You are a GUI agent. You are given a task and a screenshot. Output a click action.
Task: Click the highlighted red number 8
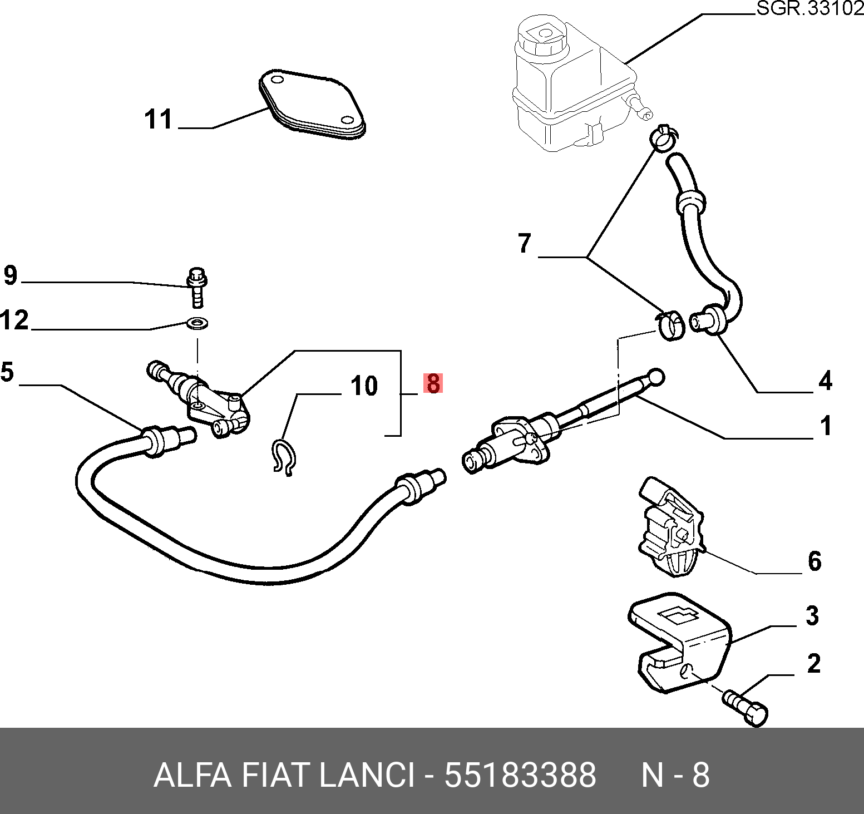pyautogui.click(x=433, y=383)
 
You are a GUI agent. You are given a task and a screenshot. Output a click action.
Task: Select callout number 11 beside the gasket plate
pyautogui.click(x=159, y=120)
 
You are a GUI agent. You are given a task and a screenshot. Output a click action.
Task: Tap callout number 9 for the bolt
pyautogui.click(x=11, y=275)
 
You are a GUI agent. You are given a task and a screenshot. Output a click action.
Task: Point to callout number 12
pyautogui.click(x=14, y=320)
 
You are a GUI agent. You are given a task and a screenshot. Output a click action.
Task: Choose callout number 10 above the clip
pyautogui.click(x=364, y=386)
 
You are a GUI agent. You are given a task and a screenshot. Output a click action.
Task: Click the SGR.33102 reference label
pyautogui.click(x=810, y=9)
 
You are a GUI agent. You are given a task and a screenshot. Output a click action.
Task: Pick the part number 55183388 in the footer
pyautogui.click(x=520, y=774)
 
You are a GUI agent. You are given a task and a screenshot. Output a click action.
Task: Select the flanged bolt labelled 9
pyautogui.click(x=197, y=287)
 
